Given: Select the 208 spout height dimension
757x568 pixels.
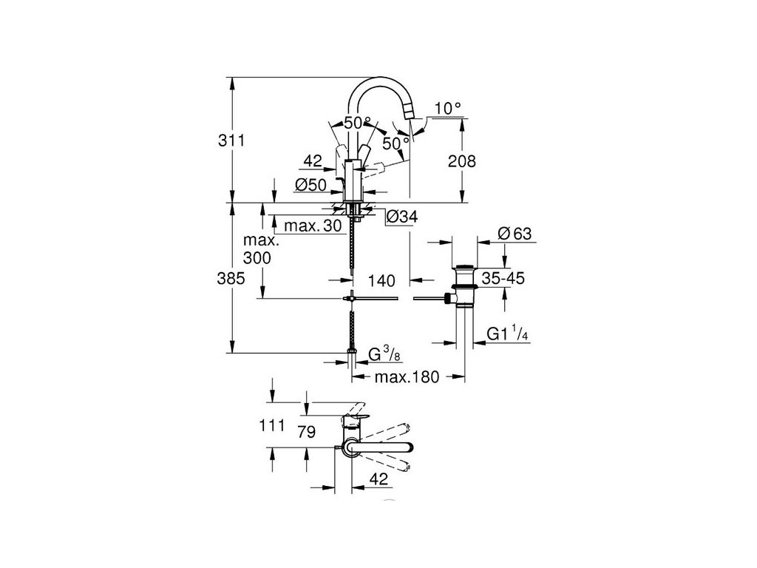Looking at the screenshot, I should coord(462,161).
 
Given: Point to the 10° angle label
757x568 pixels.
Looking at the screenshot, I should coord(448,108).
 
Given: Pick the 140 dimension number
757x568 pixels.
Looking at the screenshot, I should coord(382,281).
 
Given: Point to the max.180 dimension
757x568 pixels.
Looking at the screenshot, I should coord(406,377).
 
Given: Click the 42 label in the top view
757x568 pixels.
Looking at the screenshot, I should coord(379,479).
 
